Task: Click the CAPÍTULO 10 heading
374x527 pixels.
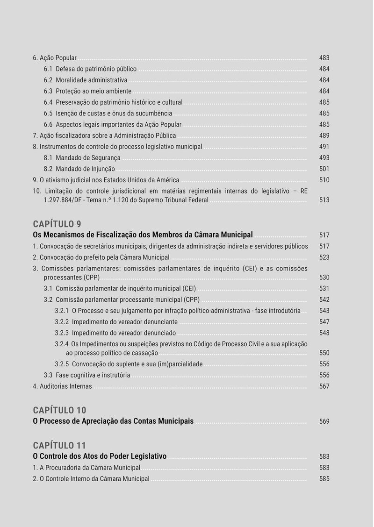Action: pos(59,410)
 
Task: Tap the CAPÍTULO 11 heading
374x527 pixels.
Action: pos(59,445)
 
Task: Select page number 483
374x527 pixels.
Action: pos(324,58)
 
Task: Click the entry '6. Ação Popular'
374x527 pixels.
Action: pos(55,58)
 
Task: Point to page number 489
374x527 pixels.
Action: pos(324,135)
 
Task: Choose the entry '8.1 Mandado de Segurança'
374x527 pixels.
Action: pos(82,158)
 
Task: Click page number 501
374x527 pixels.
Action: pos(324,169)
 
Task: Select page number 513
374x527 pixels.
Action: pos(324,200)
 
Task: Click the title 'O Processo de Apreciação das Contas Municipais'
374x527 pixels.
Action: pos(113,421)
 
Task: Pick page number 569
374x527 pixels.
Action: pos(324,421)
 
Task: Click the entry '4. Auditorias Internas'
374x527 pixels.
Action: pos(62,386)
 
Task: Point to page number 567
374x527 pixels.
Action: pos(324,386)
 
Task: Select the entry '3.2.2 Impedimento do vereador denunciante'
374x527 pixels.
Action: pos(116,322)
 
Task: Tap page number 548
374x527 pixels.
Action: pos(324,333)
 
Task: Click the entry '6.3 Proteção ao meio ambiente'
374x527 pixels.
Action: pos(87,91)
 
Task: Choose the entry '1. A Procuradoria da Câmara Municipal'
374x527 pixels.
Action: pos(86,468)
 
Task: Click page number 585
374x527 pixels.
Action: pos(324,479)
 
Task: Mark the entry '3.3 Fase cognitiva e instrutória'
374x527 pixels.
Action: pos(87,375)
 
